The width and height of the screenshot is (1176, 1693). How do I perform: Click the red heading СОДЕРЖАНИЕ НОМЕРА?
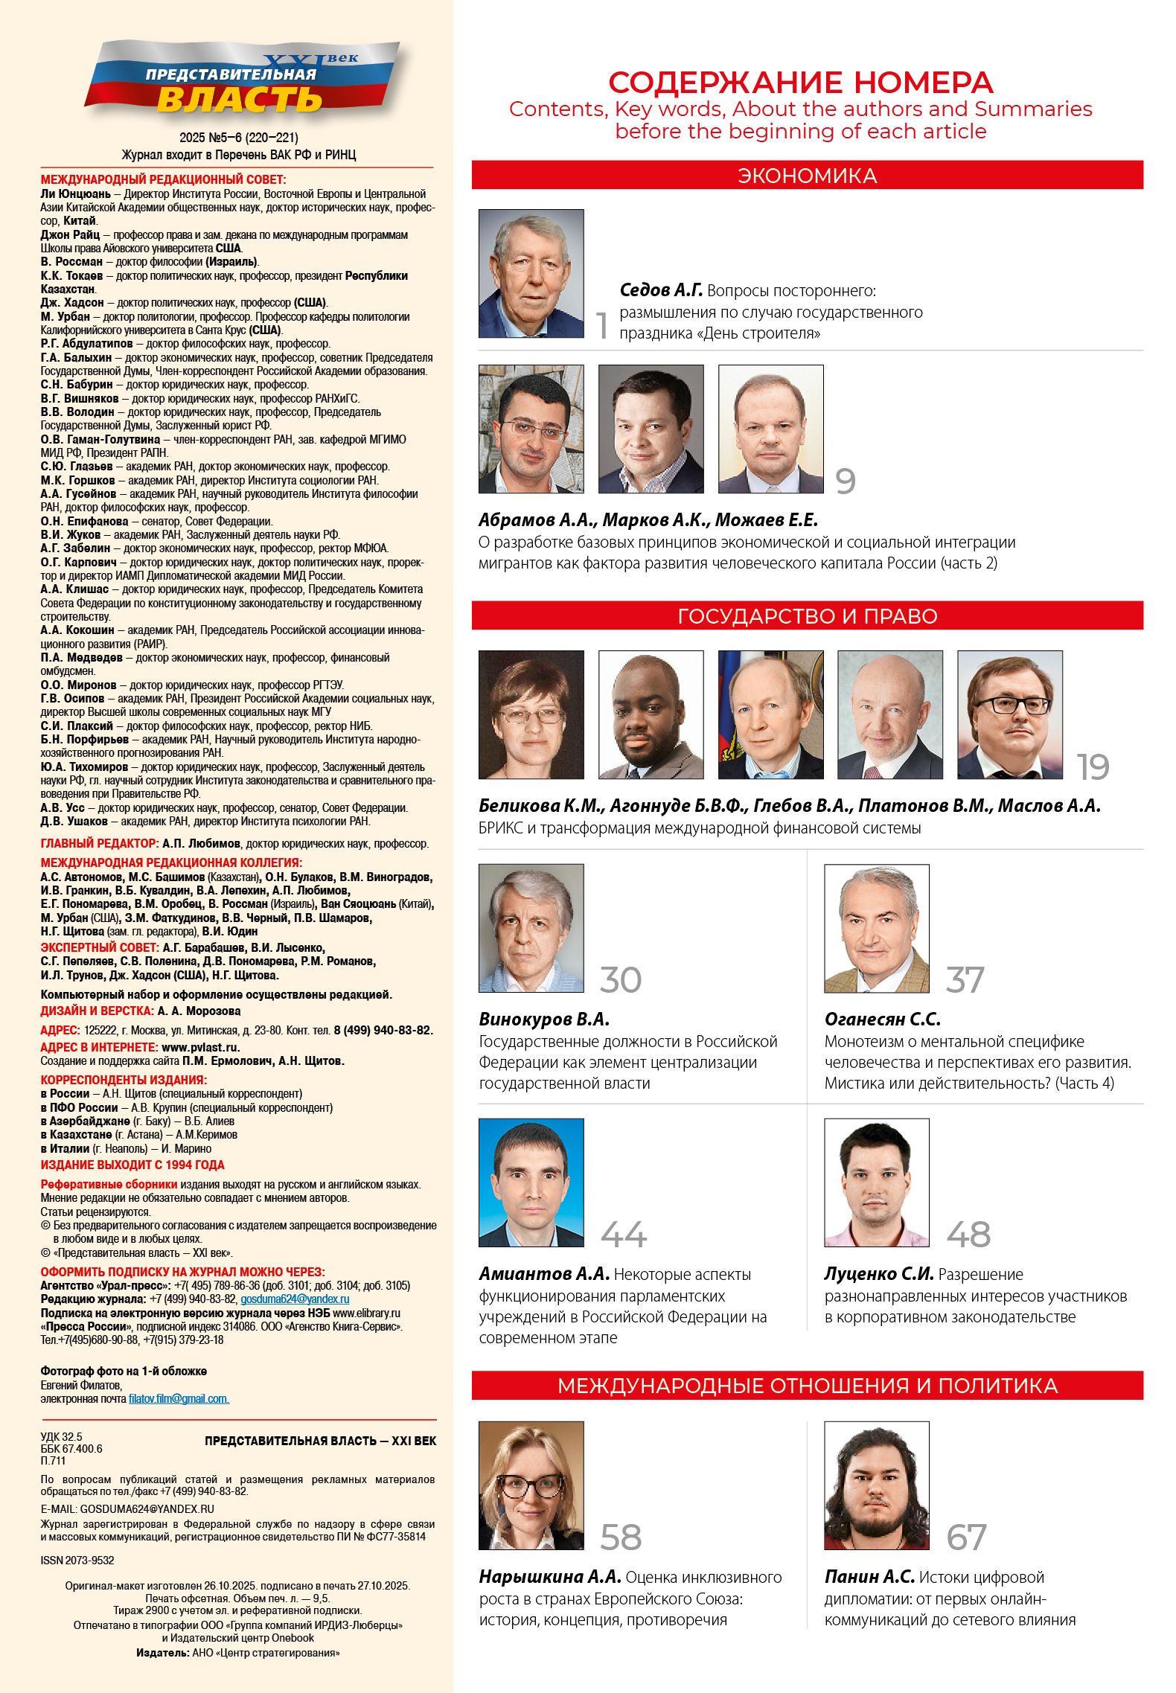(800, 82)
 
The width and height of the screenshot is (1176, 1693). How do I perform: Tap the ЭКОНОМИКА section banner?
(807, 176)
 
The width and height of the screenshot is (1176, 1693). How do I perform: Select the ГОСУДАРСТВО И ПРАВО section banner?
(807, 616)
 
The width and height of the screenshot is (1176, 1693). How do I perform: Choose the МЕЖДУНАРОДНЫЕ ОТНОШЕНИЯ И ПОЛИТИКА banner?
(807, 1386)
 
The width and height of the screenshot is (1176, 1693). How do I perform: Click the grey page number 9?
(845, 481)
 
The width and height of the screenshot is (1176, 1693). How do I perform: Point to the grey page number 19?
(1093, 767)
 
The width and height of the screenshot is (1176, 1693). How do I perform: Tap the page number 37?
(965, 980)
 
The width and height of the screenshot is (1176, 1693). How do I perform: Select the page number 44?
(624, 1235)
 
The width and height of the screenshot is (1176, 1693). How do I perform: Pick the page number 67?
(966, 1537)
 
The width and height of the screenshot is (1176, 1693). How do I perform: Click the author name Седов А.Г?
(661, 290)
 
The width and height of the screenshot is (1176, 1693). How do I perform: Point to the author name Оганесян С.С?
(882, 1019)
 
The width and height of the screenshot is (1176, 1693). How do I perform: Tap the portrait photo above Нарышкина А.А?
(531, 1485)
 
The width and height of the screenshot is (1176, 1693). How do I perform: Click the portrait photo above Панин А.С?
(876, 1485)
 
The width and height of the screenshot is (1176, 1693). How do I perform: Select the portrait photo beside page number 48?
(876, 1182)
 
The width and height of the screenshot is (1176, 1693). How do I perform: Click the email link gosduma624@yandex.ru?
(295, 1299)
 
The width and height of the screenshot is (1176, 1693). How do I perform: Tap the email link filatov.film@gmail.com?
(179, 1399)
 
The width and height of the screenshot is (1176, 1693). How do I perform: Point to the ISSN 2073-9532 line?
(77, 1561)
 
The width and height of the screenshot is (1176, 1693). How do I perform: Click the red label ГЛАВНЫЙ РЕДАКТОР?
(100, 843)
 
